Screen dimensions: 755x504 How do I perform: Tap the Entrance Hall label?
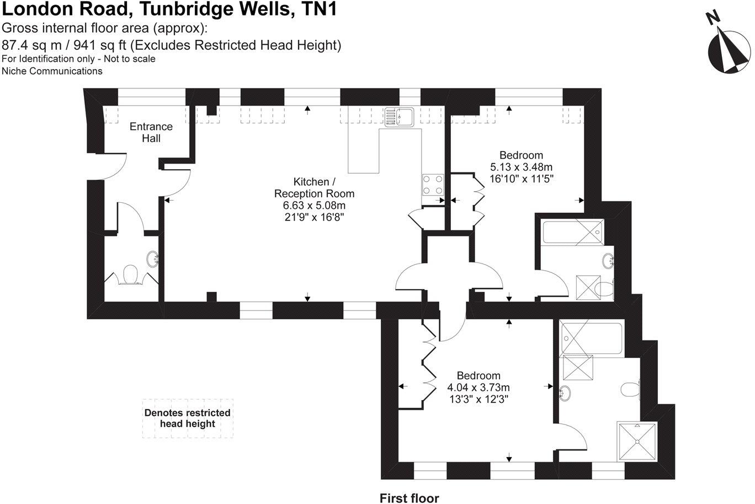coord(151,132)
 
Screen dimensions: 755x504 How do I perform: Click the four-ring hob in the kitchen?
coord(433,184)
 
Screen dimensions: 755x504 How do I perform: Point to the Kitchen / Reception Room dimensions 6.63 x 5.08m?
coord(314,206)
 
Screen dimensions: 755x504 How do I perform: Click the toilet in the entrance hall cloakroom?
coord(130,274)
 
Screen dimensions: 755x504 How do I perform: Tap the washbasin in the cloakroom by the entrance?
coord(153,258)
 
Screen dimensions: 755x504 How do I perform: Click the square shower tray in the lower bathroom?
coord(637,441)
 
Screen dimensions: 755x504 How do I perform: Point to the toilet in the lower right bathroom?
coord(629,390)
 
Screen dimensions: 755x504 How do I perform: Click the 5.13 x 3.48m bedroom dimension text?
coord(521,167)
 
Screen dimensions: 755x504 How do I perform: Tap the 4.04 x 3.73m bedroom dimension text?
coord(478,387)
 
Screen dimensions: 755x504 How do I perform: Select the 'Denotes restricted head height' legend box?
coord(188,418)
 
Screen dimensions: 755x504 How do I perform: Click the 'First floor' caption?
coord(409,498)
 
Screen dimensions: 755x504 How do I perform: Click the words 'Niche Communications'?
coord(52,71)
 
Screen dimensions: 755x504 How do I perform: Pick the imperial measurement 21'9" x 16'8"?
coord(314,217)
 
